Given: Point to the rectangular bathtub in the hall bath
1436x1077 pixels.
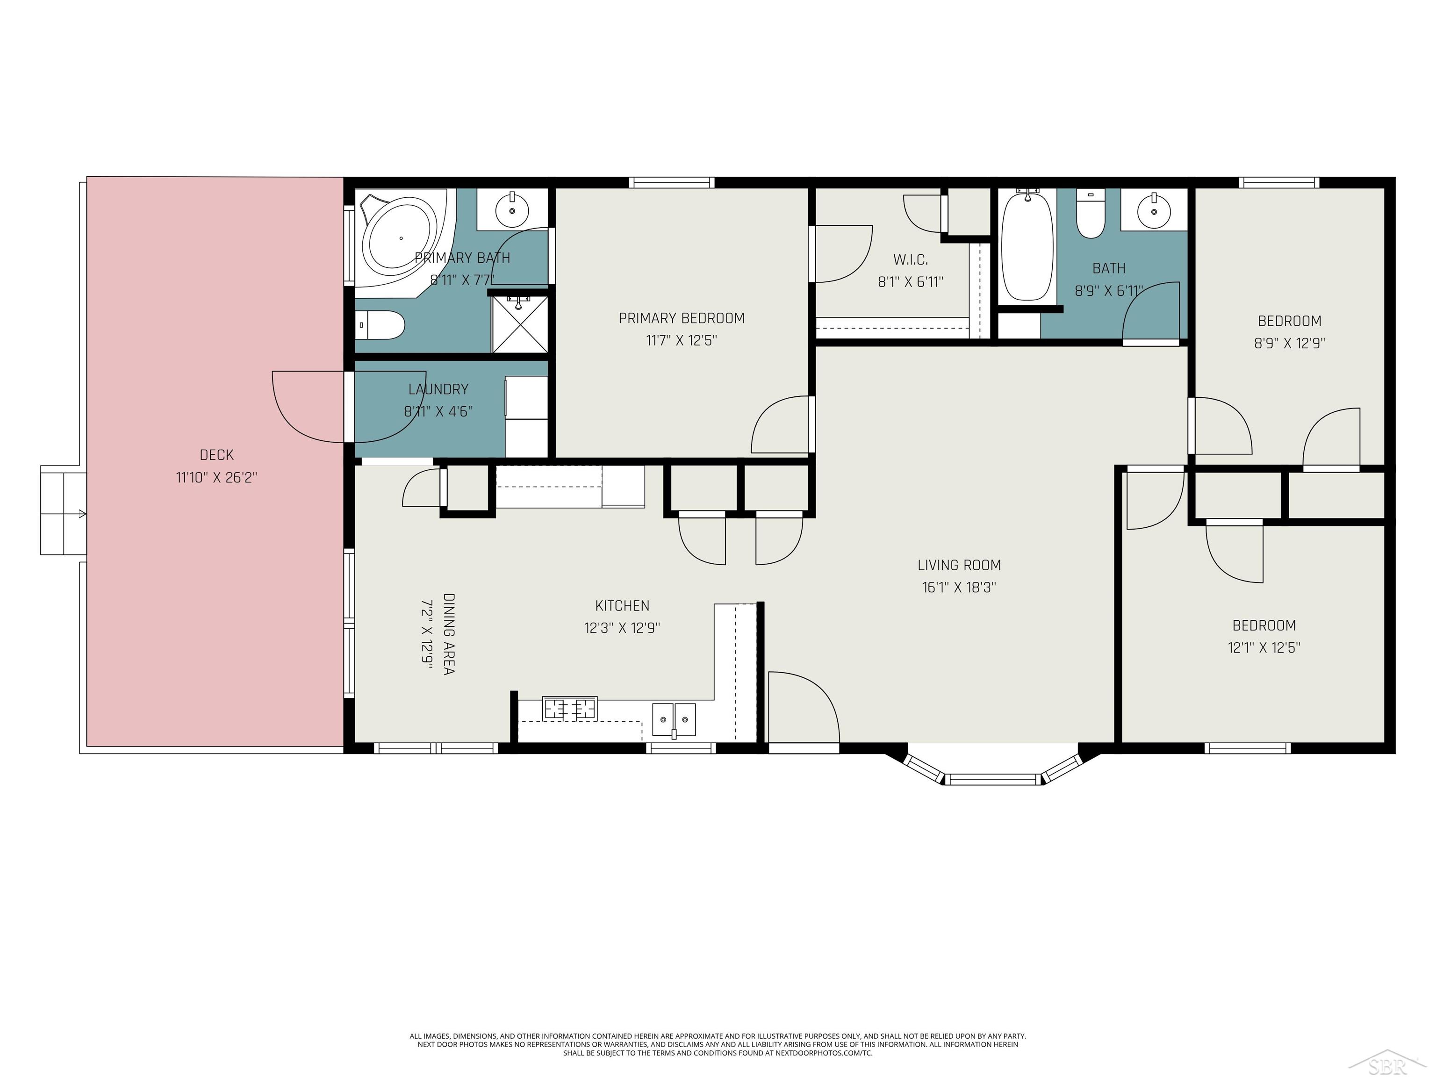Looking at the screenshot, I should [x=1027, y=247].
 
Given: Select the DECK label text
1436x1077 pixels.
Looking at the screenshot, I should [x=216, y=455].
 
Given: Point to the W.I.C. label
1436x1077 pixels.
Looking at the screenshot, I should [x=910, y=260].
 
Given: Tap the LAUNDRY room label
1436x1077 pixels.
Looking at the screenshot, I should [x=438, y=389].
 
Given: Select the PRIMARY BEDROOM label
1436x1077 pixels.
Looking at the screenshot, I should [x=681, y=318].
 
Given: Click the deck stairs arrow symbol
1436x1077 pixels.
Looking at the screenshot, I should [x=82, y=514].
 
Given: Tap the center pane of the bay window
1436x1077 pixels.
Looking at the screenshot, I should [x=992, y=778].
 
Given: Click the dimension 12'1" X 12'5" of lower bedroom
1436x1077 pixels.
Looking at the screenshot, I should [x=1264, y=648].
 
